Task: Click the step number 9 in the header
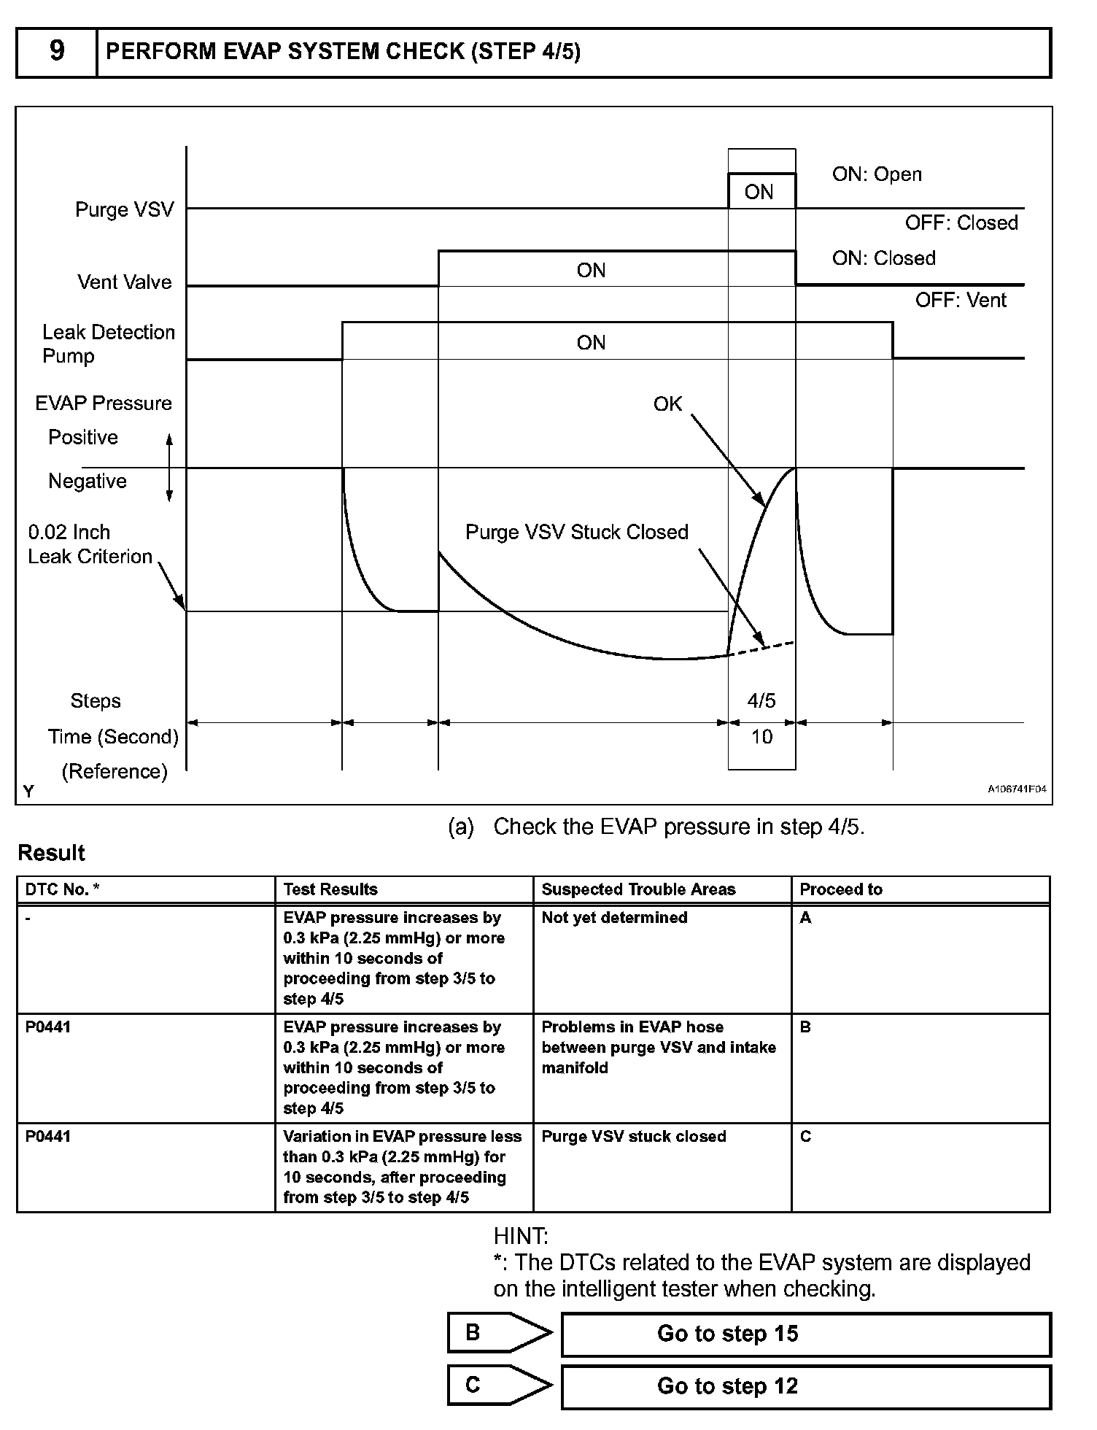coord(56,51)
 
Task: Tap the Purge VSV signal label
coord(125,210)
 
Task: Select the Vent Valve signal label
coord(125,282)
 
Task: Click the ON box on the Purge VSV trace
coord(759,192)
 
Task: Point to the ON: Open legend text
coord(877,174)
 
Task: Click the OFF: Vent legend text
coord(961,300)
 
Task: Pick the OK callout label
coord(667,404)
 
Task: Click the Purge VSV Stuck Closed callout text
coord(576,532)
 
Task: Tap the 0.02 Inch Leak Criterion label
coord(89,544)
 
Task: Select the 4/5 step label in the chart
coord(761,700)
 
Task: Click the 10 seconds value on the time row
coord(761,737)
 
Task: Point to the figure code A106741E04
coord(1017,789)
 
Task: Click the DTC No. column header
coord(62,889)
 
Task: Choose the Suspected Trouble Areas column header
coord(638,889)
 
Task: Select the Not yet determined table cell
coord(614,918)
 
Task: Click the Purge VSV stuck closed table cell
coord(634,1137)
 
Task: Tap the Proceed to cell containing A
coord(805,918)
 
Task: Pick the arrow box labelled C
coord(498,1385)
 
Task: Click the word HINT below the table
coord(521,1237)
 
